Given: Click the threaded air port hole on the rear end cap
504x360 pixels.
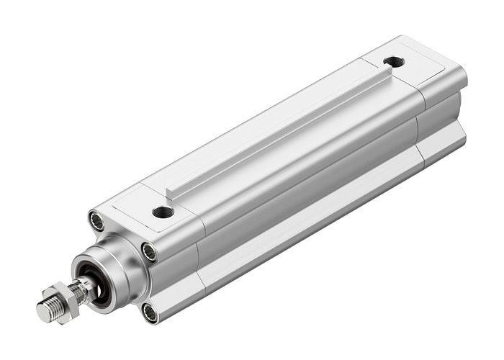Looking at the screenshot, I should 394,62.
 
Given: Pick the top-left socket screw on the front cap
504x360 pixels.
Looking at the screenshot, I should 97,220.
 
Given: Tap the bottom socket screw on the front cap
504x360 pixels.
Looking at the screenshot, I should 150,312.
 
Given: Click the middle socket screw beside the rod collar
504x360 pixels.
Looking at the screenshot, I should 149,252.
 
